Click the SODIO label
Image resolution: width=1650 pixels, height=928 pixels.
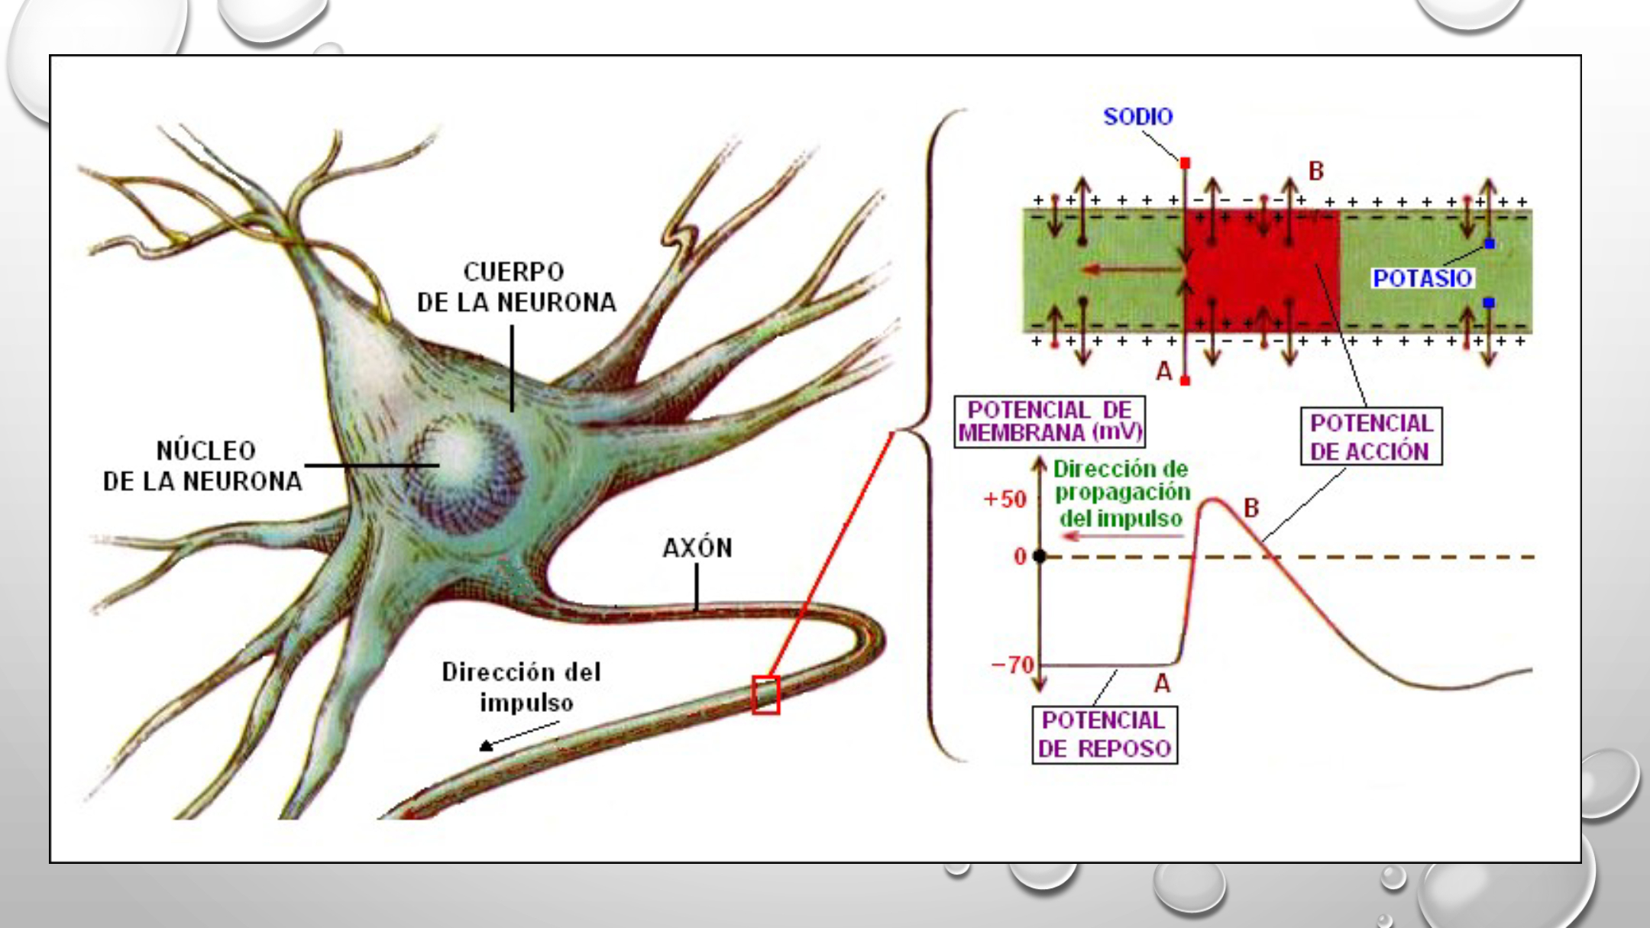tap(1137, 117)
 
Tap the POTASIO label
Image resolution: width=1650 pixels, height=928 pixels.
tap(1422, 278)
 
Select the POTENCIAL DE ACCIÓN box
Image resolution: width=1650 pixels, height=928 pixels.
tap(1371, 436)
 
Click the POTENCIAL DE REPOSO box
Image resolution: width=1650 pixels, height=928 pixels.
tap(1105, 735)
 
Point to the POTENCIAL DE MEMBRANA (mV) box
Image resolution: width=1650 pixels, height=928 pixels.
tap(1050, 421)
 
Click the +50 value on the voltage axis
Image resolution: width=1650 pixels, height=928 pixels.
tap(1005, 500)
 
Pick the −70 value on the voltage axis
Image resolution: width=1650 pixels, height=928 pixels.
tap(1011, 664)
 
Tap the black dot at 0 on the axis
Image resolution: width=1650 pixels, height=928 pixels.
tap(1039, 556)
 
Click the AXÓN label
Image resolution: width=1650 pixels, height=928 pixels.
tap(697, 548)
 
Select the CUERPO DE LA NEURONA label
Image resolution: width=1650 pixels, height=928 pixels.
tap(516, 287)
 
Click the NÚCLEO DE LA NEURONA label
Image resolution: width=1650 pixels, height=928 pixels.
tap(203, 466)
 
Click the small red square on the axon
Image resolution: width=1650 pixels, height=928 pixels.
tap(765, 695)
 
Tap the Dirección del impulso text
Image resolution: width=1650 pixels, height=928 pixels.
tap(522, 687)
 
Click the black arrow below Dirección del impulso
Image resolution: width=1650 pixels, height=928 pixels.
tap(519, 736)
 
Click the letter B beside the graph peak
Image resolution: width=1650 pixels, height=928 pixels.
tap(1251, 508)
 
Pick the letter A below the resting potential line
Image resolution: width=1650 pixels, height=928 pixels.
tap(1162, 683)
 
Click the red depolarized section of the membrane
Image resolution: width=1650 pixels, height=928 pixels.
tap(1262, 271)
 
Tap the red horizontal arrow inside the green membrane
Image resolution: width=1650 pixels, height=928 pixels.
tap(1132, 269)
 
